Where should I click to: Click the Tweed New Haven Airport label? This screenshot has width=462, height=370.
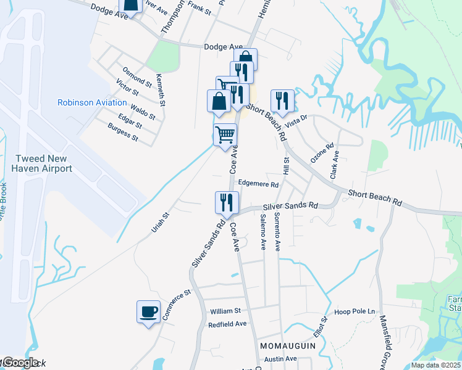(44, 163)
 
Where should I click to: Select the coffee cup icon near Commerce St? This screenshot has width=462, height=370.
(148, 311)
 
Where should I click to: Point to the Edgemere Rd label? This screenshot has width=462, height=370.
(259, 184)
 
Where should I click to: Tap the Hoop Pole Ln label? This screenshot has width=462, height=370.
(355, 311)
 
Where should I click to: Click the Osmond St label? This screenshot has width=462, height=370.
(137, 77)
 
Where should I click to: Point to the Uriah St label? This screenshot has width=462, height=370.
(160, 223)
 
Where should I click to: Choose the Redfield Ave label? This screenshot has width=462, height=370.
(227, 324)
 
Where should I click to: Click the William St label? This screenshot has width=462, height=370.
(225, 311)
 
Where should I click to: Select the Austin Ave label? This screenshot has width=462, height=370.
(281, 358)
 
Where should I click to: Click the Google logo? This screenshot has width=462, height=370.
(20, 363)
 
